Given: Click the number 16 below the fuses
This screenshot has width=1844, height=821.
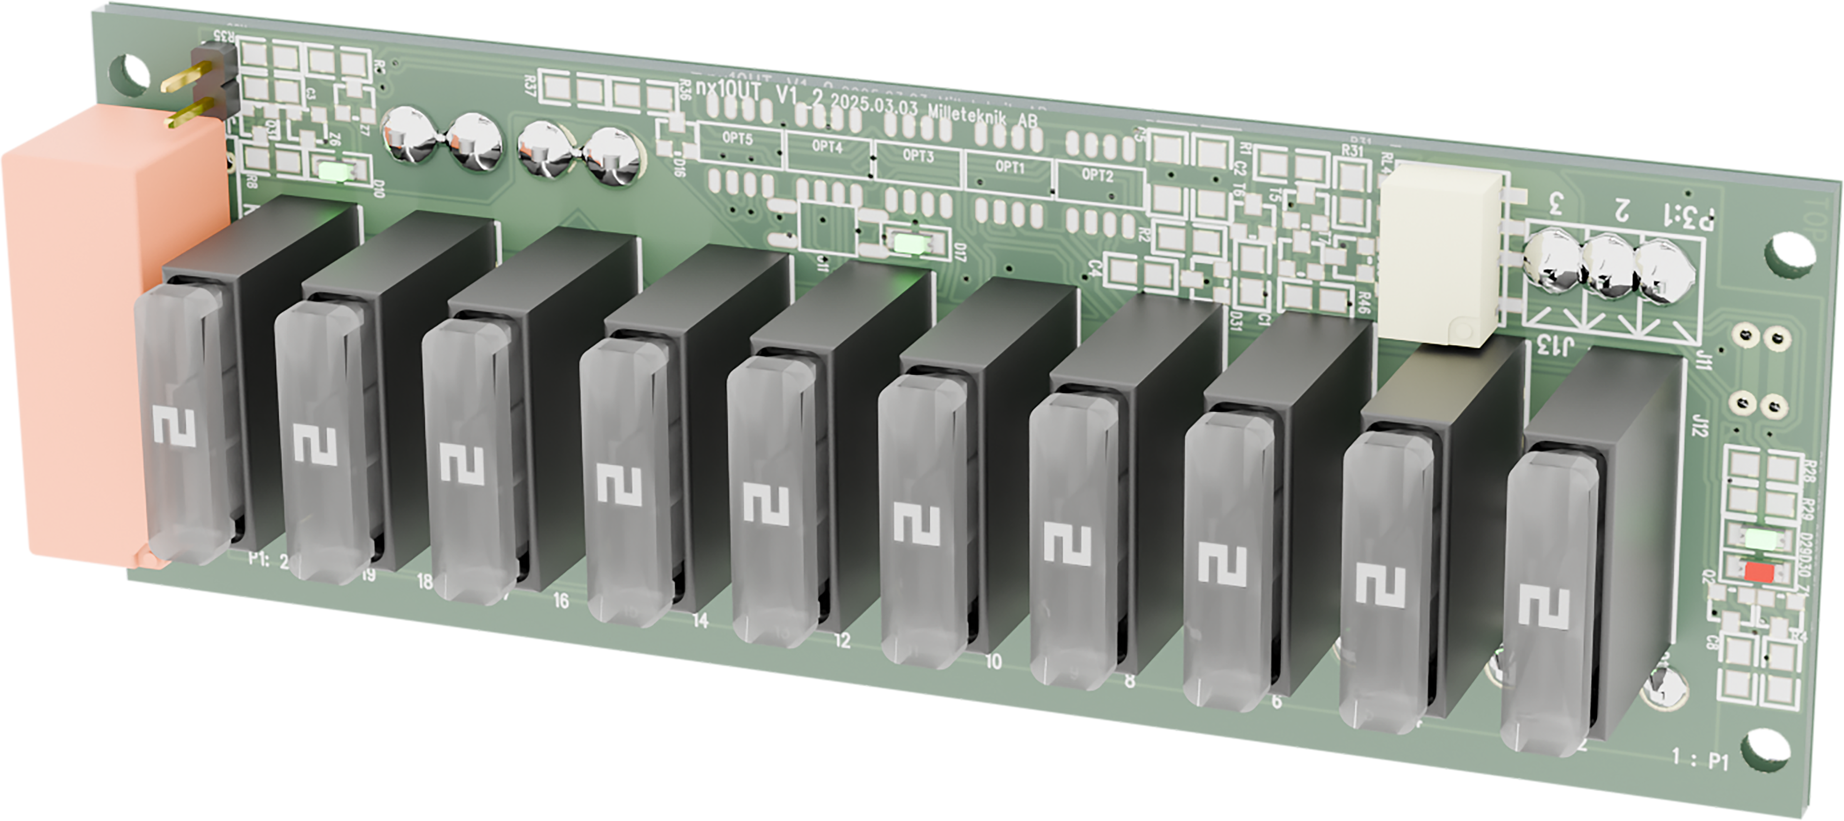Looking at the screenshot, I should coord(561,601).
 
